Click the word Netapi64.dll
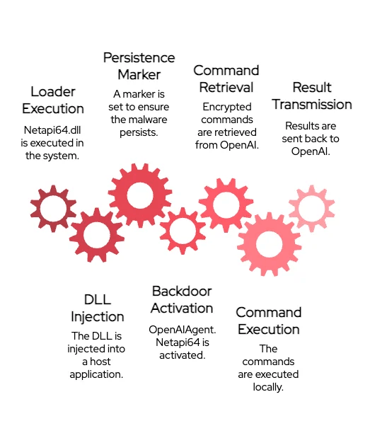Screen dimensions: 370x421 (x=52, y=130)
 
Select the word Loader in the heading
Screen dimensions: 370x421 (x=53, y=92)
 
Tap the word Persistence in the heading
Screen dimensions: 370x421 (x=139, y=58)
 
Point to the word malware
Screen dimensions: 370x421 (x=151, y=120)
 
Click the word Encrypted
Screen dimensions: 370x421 (x=227, y=107)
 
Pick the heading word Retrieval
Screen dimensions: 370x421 (x=226, y=88)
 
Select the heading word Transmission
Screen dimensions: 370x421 (x=312, y=105)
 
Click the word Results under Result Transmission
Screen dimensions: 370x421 (x=299, y=126)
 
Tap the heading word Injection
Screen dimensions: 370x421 (x=98, y=317)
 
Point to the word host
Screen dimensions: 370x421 (x=100, y=362)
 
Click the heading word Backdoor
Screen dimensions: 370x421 (x=182, y=292)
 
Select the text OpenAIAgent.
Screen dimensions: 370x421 (x=183, y=330)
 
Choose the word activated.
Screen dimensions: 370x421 (x=183, y=355)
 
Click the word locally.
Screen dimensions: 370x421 (x=268, y=387)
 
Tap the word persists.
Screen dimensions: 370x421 (x=139, y=132)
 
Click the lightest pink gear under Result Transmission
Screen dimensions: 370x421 (x=312, y=208)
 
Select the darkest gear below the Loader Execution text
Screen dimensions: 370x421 (x=53, y=208)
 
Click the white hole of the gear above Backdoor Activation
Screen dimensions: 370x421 (x=183, y=231)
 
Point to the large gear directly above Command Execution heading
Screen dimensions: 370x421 (x=270, y=244)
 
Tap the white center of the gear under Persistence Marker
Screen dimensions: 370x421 (x=140, y=195)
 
